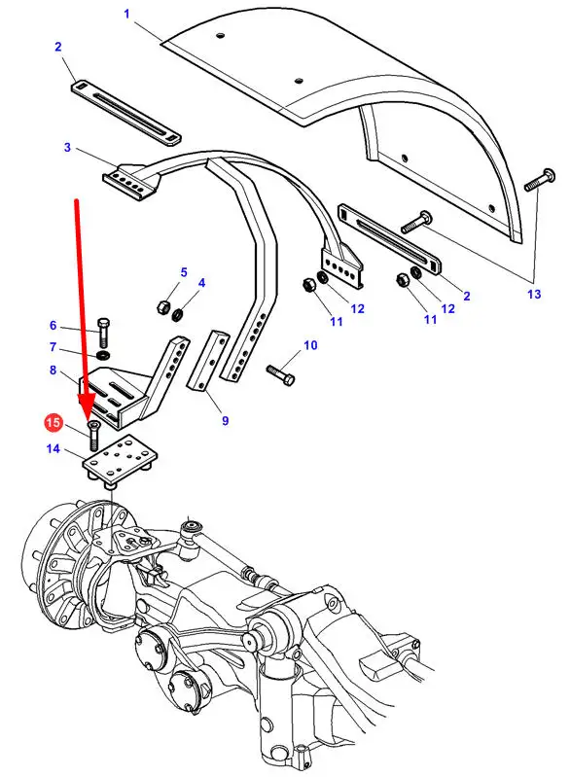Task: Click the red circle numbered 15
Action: pyautogui.click(x=53, y=423)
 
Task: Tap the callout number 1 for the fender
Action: pyautogui.click(x=126, y=14)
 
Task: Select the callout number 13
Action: pyautogui.click(x=534, y=294)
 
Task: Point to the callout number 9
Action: pyautogui.click(x=225, y=421)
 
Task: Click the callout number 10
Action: pyautogui.click(x=310, y=345)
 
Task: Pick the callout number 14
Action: pyautogui.click(x=53, y=448)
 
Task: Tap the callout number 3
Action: pyautogui.click(x=67, y=147)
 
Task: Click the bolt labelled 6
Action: pyautogui.click(x=103, y=333)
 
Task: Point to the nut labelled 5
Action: pyautogui.click(x=163, y=306)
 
